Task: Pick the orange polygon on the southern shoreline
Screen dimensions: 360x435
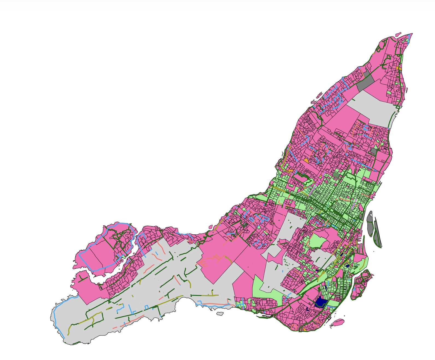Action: click(x=304, y=329)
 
